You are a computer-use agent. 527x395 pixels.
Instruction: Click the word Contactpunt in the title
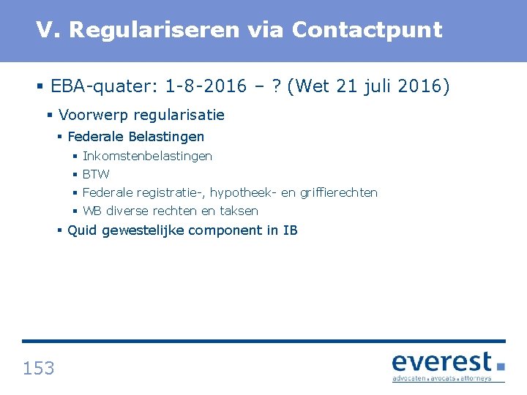tap(367, 30)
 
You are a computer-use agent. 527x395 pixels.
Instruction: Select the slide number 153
tap(38, 368)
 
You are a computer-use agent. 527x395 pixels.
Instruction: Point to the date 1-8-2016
tap(206, 87)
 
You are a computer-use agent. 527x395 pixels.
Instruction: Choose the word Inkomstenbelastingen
tap(147, 156)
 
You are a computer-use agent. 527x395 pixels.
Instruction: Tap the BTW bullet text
tap(96, 174)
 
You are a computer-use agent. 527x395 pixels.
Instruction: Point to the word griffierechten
tap(339, 192)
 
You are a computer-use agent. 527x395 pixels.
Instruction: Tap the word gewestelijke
tap(143, 230)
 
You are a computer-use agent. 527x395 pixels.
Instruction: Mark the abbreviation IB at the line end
tap(290, 230)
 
